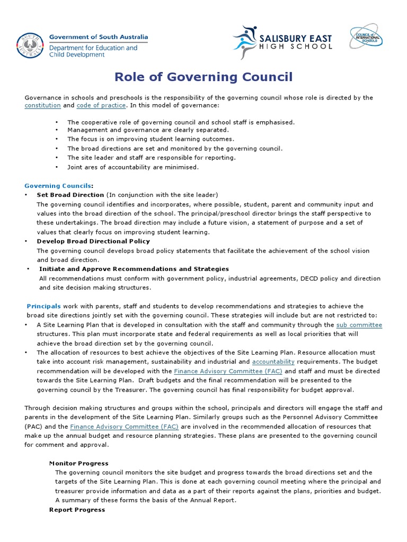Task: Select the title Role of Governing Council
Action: point(203,77)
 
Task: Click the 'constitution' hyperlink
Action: point(42,105)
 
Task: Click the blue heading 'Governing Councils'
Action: point(58,186)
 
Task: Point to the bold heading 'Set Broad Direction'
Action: point(70,195)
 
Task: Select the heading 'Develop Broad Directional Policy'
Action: point(93,241)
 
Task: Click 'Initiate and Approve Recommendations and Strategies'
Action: point(134,269)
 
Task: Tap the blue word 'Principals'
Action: point(44,306)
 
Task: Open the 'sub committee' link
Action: point(359,324)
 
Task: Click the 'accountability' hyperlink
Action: point(273,362)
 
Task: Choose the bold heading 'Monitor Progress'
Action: point(78,463)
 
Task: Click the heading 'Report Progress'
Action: point(77,510)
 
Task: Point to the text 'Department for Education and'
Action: point(93,48)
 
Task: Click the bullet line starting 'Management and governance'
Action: point(148,130)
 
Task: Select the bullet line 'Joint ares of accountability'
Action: point(132,167)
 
